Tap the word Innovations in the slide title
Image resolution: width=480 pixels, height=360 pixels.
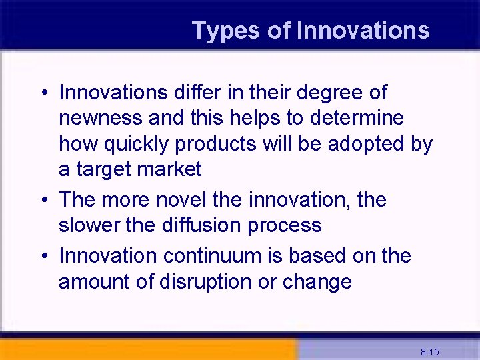(x=363, y=31)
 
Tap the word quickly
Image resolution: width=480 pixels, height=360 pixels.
(x=138, y=144)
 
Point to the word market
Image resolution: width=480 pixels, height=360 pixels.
(x=169, y=169)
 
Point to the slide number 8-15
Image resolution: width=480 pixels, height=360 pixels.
(x=429, y=351)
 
